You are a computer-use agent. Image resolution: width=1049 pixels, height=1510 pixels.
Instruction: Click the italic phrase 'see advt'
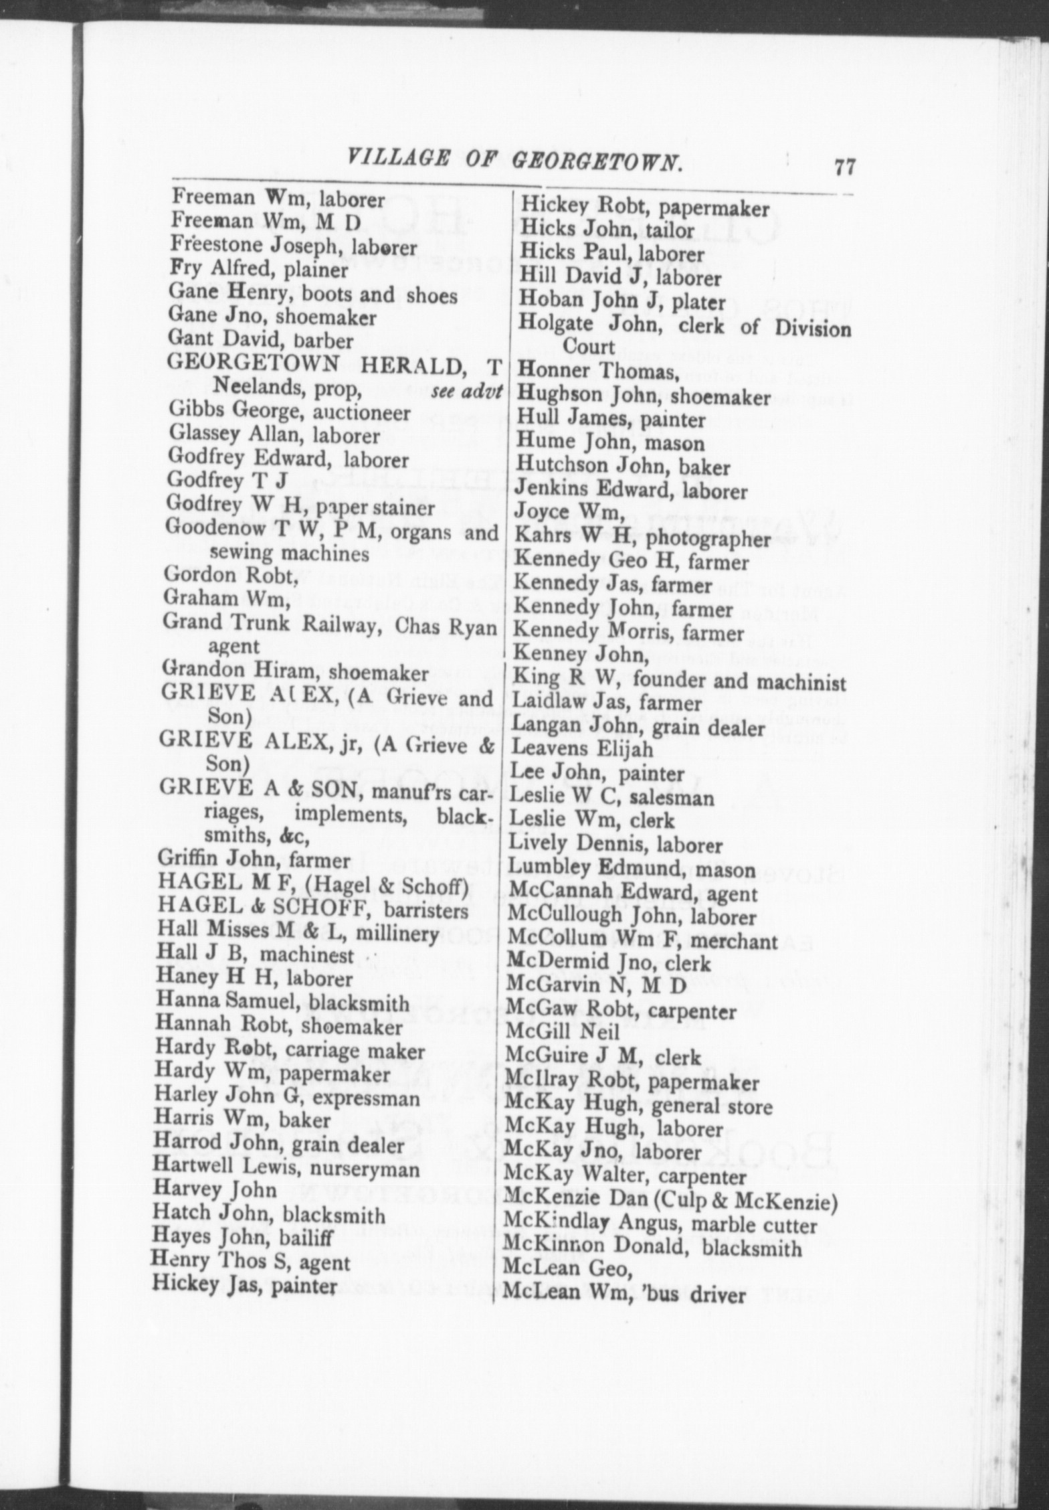click(x=466, y=390)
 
